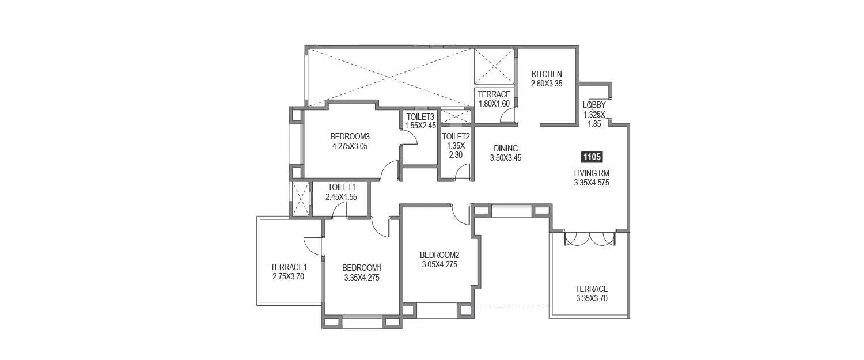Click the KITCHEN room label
coord(546,74)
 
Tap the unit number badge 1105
coord(592,156)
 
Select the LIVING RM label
coord(592,173)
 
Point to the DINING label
coord(505,149)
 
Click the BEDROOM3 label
coord(350,137)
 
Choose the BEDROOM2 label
coord(439,255)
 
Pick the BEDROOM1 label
coord(362,268)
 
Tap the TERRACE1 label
coord(289,267)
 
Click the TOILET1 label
coord(342,187)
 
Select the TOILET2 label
coord(456,137)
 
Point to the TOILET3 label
coord(420,116)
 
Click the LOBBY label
coord(594,105)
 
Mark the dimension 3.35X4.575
coord(592,183)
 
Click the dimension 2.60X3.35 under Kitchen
coord(546,84)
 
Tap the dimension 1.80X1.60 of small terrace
coord(494,104)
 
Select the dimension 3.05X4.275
coord(439,265)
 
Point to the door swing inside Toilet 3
coord(409,137)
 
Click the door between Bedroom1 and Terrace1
coord(313,246)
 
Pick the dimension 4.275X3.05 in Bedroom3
coord(350,146)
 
